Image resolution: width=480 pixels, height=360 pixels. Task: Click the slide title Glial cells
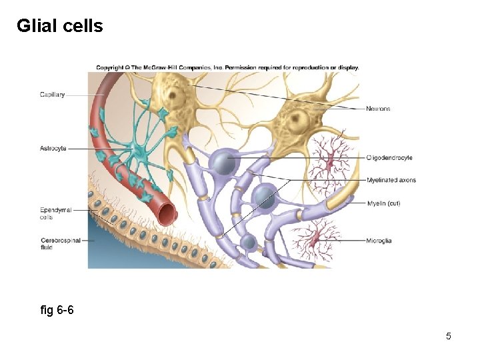click(59, 26)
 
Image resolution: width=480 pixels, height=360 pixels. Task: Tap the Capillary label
click(52, 95)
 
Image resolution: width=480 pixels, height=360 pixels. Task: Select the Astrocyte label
click(53, 149)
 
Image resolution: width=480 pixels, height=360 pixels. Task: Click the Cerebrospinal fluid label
click(60, 243)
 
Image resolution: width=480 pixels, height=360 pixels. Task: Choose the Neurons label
click(378, 109)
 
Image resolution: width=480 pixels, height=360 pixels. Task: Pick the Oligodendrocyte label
click(389, 158)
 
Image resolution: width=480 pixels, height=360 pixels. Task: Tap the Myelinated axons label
click(391, 181)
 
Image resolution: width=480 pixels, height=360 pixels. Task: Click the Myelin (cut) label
click(383, 203)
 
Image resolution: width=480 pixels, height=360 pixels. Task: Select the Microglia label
click(379, 240)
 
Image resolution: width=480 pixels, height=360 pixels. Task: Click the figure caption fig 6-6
click(57, 310)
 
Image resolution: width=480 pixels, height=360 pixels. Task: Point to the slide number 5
click(449, 336)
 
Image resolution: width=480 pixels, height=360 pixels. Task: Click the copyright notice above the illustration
click(227, 67)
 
